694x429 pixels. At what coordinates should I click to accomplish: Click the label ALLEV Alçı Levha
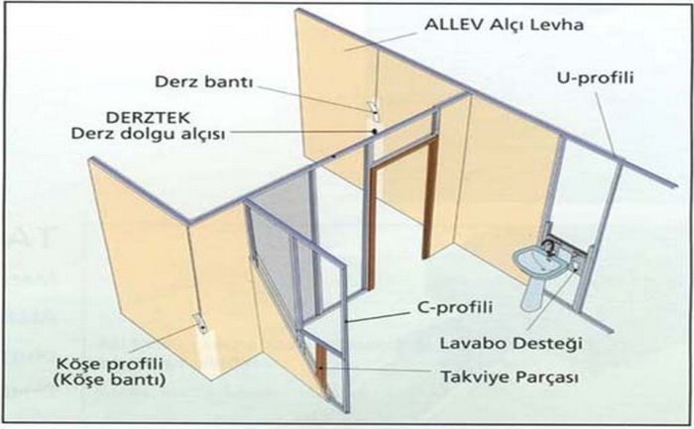[504, 25]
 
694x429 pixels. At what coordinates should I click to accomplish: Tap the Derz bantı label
[203, 82]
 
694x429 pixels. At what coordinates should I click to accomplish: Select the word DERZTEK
[149, 118]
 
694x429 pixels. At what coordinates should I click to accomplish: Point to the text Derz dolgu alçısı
[149, 134]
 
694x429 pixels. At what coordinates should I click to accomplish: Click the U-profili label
[595, 78]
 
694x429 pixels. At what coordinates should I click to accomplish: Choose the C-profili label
[455, 307]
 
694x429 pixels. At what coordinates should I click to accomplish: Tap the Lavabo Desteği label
[512, 343]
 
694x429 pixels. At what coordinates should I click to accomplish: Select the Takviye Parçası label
[510, 377]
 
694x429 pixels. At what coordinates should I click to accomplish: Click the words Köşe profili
[109, 365]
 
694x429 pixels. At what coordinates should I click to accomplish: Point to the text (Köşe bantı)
[109, 379]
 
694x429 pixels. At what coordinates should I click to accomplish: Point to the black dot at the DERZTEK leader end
[375, 131]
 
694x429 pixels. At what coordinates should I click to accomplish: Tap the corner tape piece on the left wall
[200, 323]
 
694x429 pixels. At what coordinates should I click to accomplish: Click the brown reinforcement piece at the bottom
[320, 365]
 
